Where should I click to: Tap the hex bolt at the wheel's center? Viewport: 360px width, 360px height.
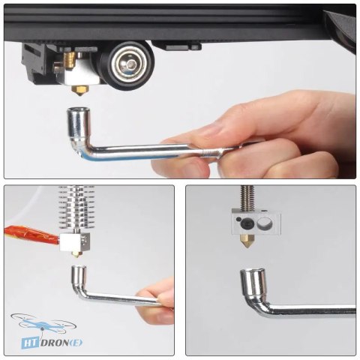coord(130,65)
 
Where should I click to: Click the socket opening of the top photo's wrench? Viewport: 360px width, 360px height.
coord(77,110)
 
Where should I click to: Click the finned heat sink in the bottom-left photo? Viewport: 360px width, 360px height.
coord(76,208)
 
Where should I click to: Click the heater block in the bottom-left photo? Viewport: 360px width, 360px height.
coord(74,242)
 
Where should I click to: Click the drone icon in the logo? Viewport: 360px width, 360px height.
coord(43,322)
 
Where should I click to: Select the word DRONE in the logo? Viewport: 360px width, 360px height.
coord(61,343)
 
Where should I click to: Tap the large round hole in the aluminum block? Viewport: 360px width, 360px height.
coord(265,223)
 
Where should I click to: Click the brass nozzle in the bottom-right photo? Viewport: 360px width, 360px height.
coord(247,241)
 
